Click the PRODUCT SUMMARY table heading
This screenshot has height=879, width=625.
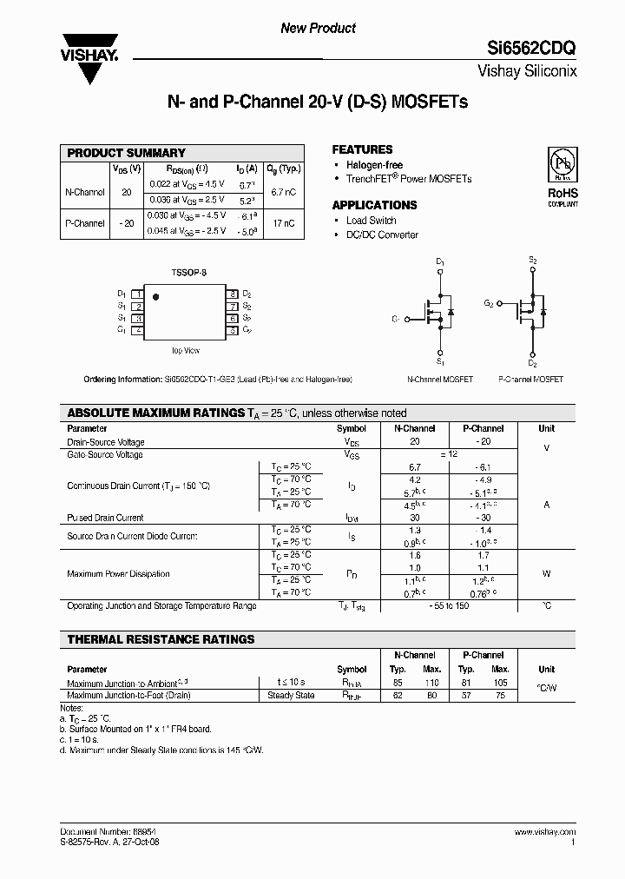click(x=127, y=153)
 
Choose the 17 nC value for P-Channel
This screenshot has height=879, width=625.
click(x=284, y=223)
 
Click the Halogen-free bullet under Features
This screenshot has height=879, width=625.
click(x=374, y=165)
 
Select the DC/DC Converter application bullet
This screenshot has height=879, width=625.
click(x=382, y=235)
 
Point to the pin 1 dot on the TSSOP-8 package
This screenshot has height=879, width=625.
click(x=156, y=297)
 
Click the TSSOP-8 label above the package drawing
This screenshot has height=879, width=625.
click(x=187, y=273)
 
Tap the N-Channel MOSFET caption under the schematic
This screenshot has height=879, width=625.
click(x=440, y=380)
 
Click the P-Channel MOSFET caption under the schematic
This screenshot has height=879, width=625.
click(x=531, y=380)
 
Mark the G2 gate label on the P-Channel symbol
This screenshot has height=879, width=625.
click(x=489, y=304)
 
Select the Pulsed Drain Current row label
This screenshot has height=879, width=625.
click(x=105, y=518)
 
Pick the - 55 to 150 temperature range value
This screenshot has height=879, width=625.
click(x=449, y=605)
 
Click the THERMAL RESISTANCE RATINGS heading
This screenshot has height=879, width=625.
click(x=161, y=639)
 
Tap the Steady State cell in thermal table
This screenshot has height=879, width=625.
click(x=292, y=695)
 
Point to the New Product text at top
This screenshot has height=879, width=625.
click(x=318, y=28)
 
